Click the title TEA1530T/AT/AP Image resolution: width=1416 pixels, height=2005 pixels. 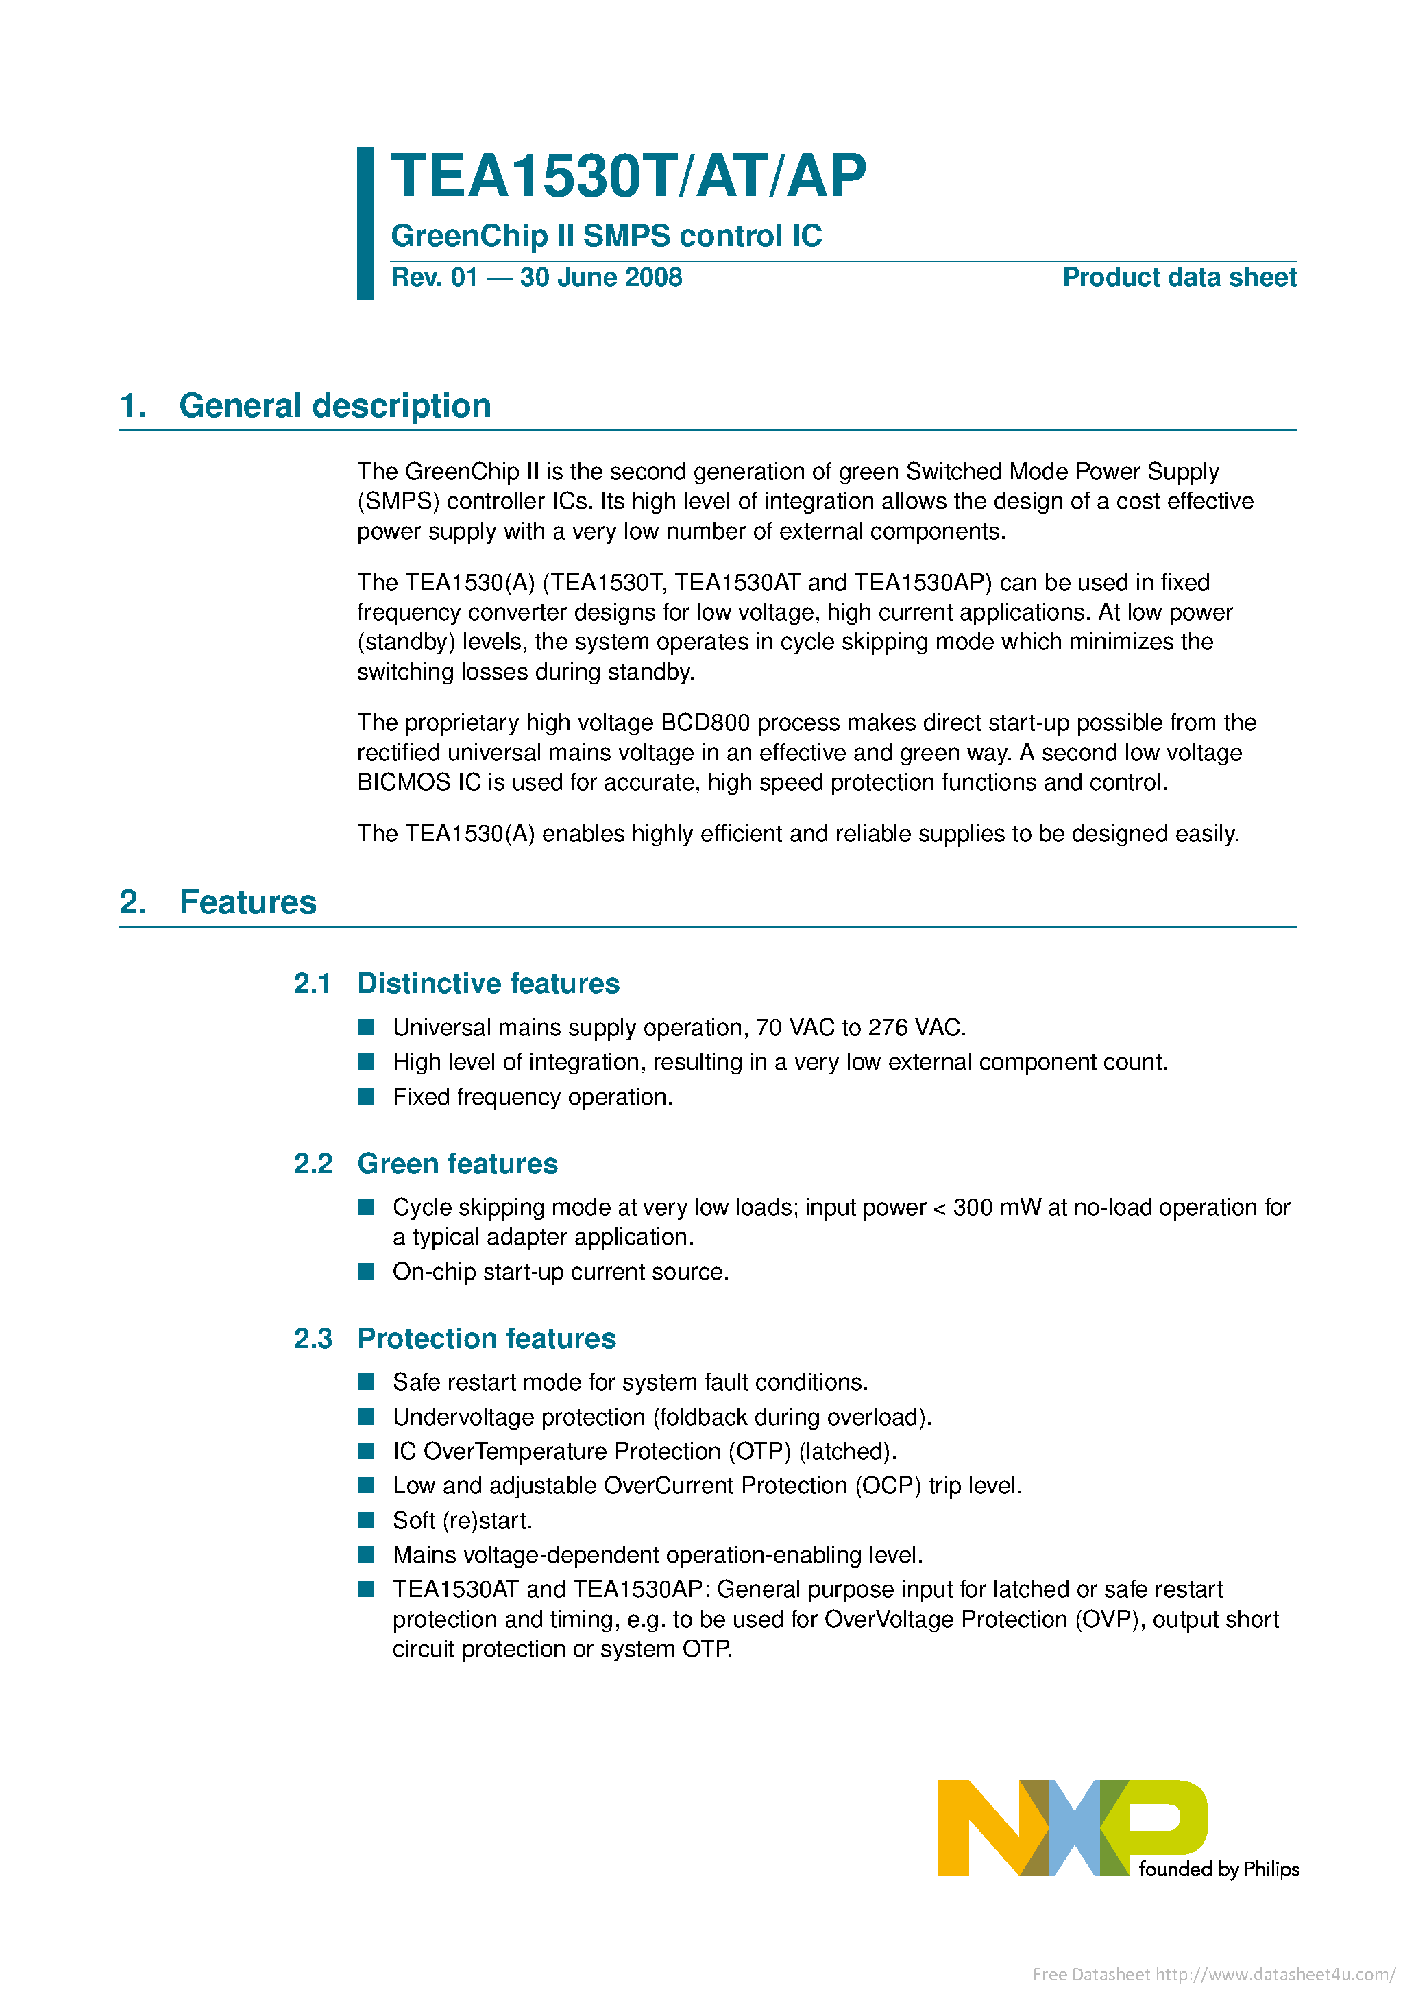pyautogui.click(x=628, y=176)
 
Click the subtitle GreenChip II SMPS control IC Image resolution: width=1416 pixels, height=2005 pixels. pyautogui.click(x=606, y=236)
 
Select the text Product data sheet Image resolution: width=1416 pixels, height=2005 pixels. pyautogui.click(x=1179, y=278)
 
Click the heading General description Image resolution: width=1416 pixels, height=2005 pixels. pyautogui.click(x=334, y=406)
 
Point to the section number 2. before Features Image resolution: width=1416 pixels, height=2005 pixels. pyautogui.click(x=133, y=902)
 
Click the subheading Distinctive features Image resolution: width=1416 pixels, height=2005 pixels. pyautogui.click(x=488, y=983)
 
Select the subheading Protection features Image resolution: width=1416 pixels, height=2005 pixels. pyautogui.click(x=486, y=1338)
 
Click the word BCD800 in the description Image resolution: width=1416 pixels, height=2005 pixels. pyautogui.click(x=705, y=723)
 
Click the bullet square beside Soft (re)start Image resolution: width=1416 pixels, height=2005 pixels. pyautogui.click(x=367, y=1520)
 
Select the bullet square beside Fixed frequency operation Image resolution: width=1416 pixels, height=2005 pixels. pyautogui.click(x=367, y=1097)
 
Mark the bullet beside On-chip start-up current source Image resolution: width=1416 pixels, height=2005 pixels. pyautogui.click(x=367, y=1271)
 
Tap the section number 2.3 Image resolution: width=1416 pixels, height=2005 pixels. pyautogui.click(x=313, y=1338)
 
